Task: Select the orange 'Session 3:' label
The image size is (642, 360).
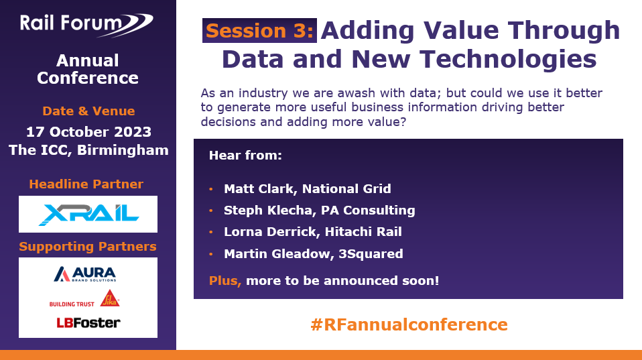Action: (x=259, y=31)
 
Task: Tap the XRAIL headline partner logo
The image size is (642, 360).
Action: (x=88, y=214)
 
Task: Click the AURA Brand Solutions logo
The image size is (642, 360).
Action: (x=84, y=275)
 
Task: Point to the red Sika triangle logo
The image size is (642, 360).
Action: (x=110, y=298)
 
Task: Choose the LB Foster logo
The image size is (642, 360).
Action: (x=88, y=322)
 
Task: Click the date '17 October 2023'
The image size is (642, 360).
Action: (x=88, y=131)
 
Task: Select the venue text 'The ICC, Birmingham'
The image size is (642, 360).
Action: (x=88, y=149)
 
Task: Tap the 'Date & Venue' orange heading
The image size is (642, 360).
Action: (x=88, y=111)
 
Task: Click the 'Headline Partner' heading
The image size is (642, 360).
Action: (x=86, y=184)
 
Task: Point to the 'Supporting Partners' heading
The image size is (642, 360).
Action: (x=88, y=247)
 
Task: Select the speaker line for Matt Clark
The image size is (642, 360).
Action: (x=307, y=189)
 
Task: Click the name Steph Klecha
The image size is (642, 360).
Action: (x=261, y=211)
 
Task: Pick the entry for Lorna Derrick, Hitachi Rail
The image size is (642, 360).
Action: (x=312, y=232)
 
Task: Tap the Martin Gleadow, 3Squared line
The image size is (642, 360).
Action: (x=313, y=253)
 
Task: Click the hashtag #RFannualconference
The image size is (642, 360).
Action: (x=409, y=325)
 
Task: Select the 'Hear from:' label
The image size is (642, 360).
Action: (x=245, y=156)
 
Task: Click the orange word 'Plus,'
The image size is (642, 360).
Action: (x=225, y=280)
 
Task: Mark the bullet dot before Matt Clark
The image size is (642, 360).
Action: (x=211, y=190)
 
